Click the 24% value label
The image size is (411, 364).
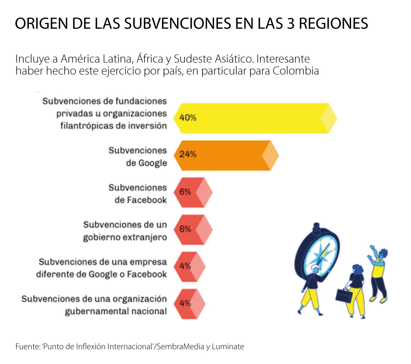coord(188,154)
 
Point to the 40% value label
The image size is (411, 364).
coord(188,118)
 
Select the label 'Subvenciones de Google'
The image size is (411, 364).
coord(138,157)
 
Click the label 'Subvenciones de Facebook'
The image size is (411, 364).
coord(138,194)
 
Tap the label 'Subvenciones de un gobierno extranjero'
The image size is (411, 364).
coord(125,231)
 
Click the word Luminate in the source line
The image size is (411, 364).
coord(228,347)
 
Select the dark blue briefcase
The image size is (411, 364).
coord(344,296)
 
